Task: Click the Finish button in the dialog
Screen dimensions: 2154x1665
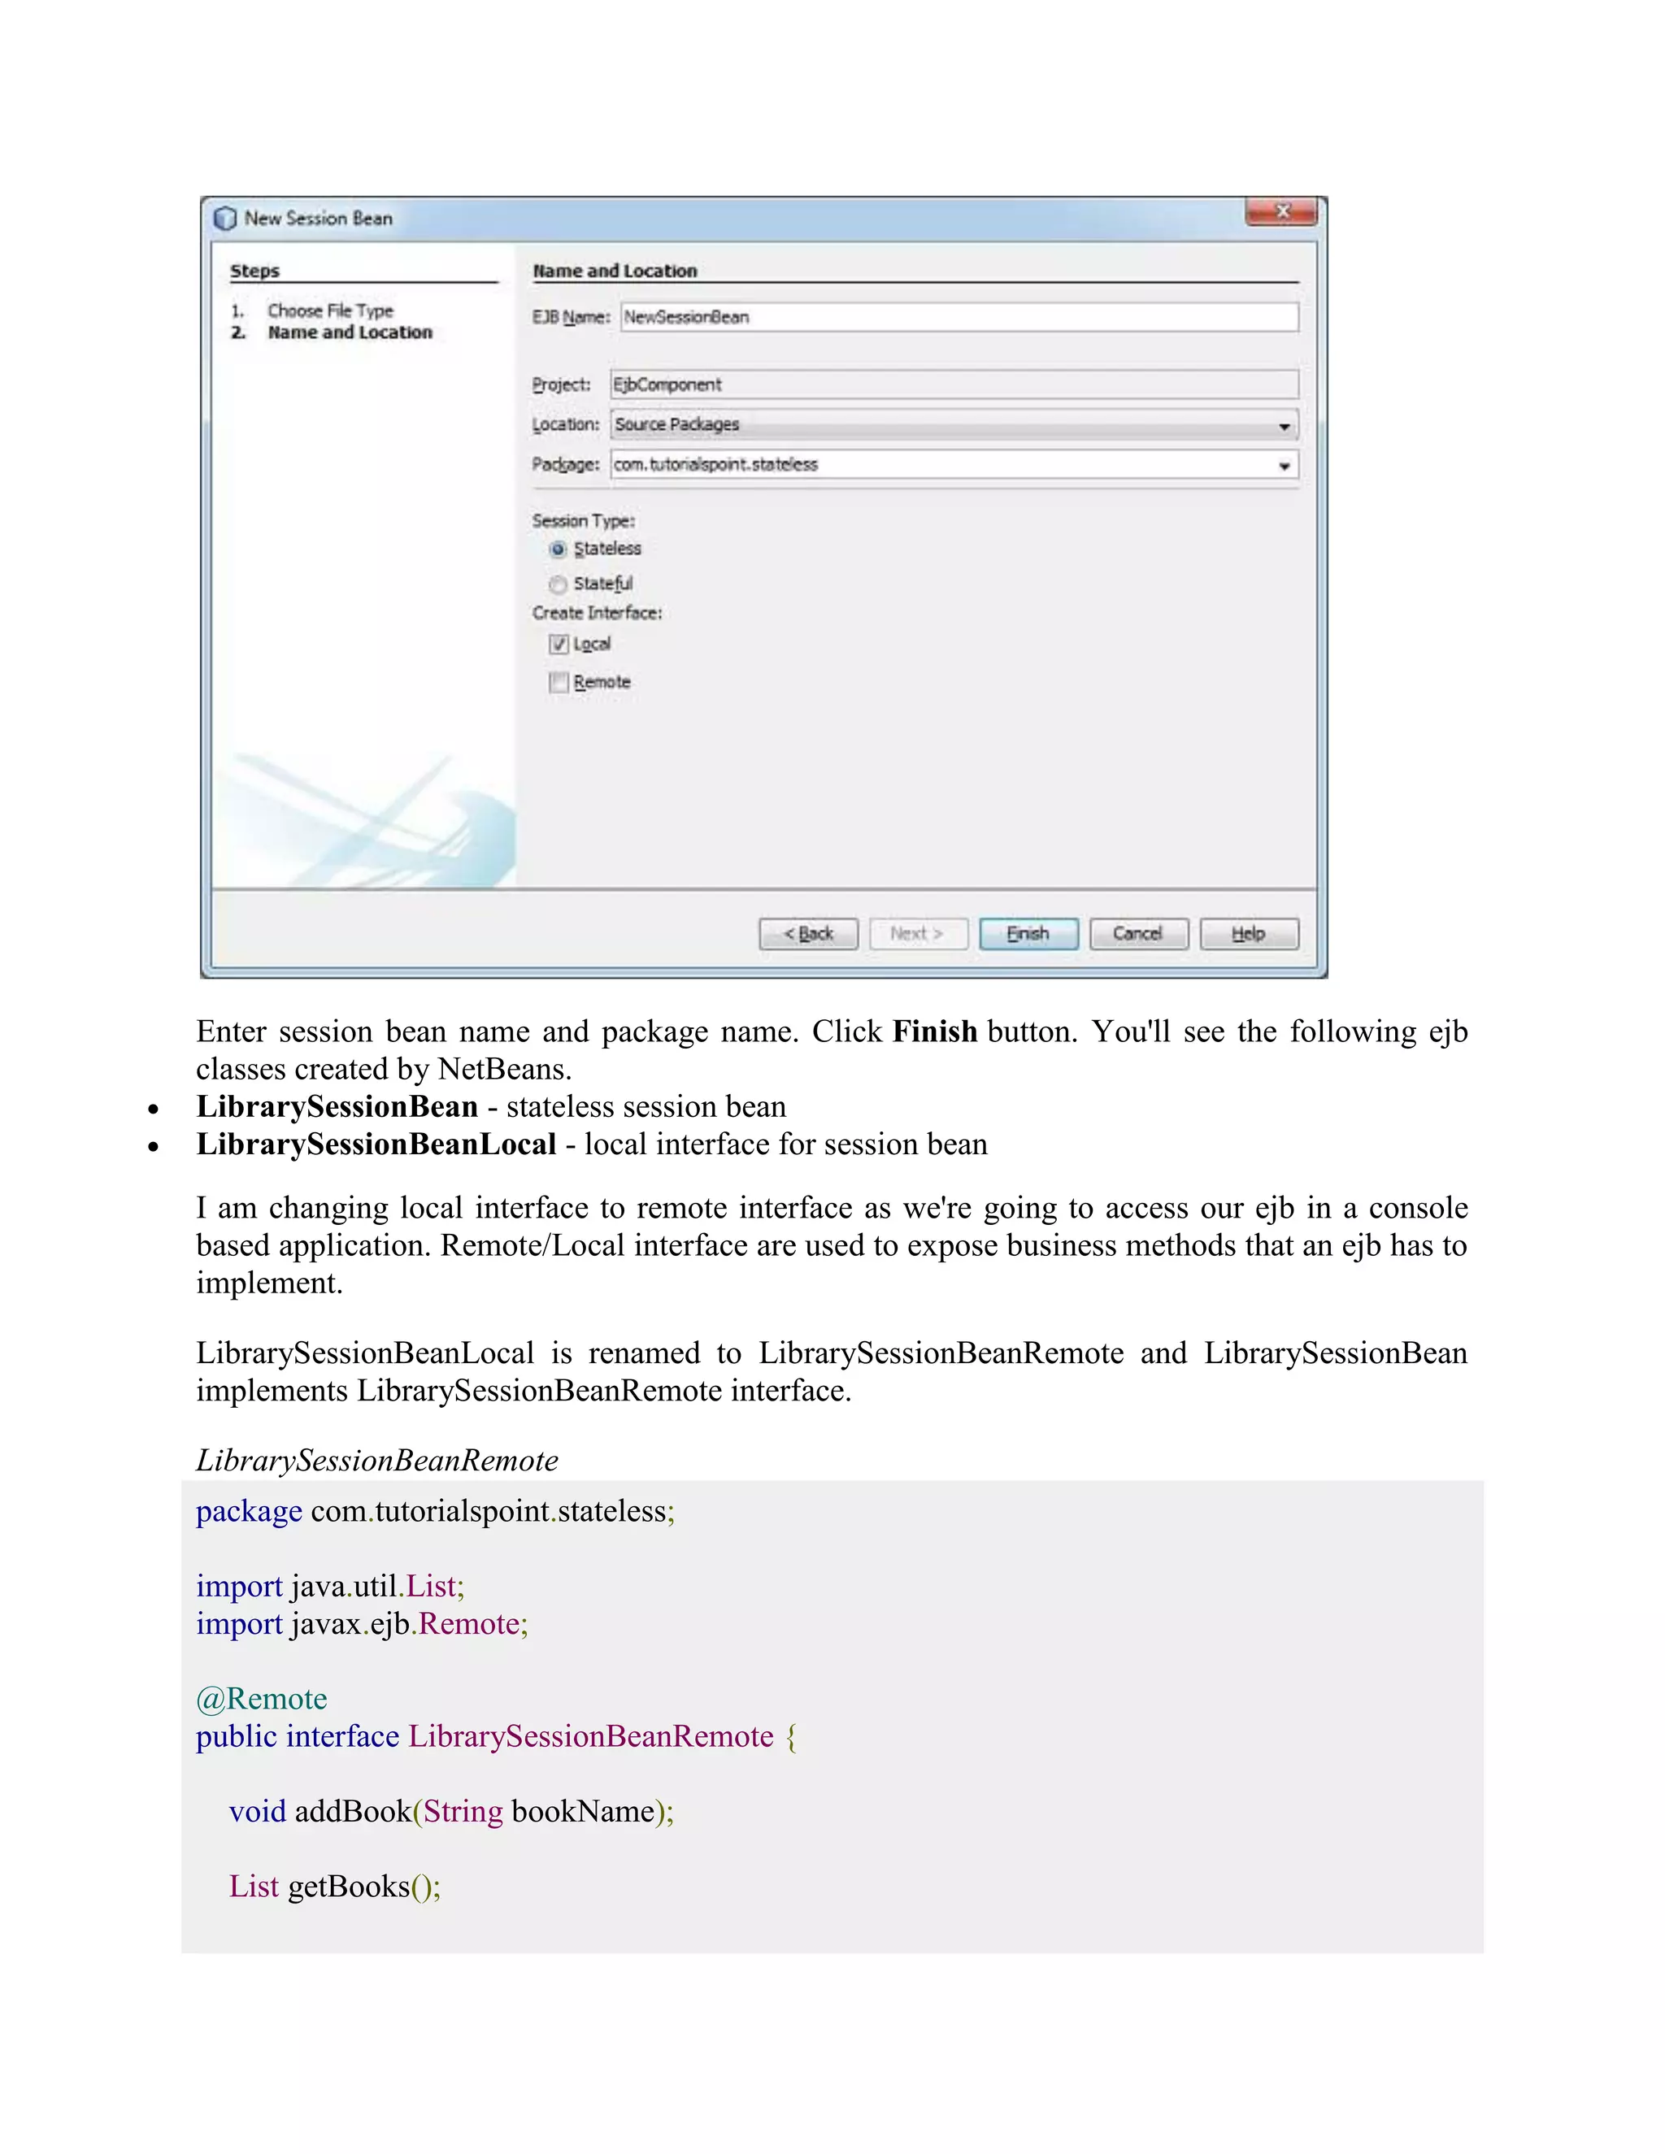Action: tap(1028, 933)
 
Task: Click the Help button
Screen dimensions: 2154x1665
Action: tap(1248, 933)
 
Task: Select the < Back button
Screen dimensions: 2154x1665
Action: tap(808, 933)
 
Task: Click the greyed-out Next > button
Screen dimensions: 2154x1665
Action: tap(917, 933)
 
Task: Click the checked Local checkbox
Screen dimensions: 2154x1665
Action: tap(559, 644)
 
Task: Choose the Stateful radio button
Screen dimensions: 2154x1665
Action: tap(559, 584)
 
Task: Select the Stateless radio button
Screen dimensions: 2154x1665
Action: tap(559, 549)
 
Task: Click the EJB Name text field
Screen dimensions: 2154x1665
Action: tap(959, 316)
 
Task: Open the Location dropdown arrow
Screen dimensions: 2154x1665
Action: tap(1285, 426)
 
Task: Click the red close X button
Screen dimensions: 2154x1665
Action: tap(1281, 211)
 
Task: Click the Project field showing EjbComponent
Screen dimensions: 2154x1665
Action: tap(953, 384)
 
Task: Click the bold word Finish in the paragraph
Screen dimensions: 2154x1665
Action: tap(934, 1031)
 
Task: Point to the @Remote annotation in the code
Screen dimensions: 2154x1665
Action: tap(262, 1698)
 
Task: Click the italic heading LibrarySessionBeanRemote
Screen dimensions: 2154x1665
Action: tap(376, 1460)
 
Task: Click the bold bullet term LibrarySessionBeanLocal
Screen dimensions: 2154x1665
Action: tap(376, 1144)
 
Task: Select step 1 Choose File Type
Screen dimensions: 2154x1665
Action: tap(329, 311)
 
